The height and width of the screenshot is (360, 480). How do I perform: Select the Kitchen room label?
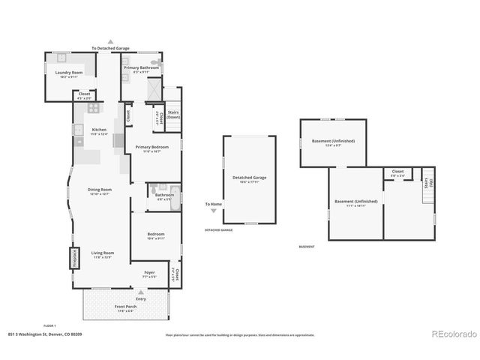pos(99,130)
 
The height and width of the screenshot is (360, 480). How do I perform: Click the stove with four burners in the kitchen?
pos(94,108)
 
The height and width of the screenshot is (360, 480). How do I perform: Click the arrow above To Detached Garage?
pos(110,41)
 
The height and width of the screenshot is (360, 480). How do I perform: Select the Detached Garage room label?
pos(249,178)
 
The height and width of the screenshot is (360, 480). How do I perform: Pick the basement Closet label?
pos(397,172)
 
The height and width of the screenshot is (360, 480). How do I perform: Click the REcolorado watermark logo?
pos(452,334)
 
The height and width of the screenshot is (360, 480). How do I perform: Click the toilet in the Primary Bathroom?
pos(155,63)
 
